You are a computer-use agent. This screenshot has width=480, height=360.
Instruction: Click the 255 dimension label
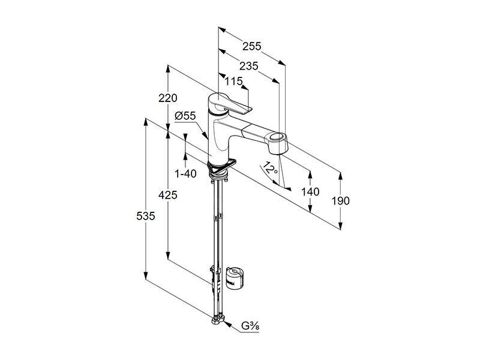click(x=251, y=46)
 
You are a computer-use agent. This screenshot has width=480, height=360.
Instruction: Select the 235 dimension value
click(x=248, y=66)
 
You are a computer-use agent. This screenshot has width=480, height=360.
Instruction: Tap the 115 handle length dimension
click(x=233, y=82)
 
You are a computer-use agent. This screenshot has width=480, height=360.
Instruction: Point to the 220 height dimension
click(x=168, y=98)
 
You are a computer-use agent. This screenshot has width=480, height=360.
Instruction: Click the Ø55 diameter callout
click(x=185, y=116)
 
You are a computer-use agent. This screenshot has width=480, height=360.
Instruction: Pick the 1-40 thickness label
click(x=185, y=174)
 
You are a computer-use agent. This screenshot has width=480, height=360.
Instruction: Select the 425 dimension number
click(x=168, y=195)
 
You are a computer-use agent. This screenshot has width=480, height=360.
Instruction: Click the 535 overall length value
click(x=146, y=216)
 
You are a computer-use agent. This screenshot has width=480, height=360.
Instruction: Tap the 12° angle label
click(x=271, y=168)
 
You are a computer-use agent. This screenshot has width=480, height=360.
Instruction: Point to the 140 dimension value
click(x=310, y=192)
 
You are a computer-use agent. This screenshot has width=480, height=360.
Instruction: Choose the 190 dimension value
click(x=340, y=201)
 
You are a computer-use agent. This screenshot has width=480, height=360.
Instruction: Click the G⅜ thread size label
click(x=250, y=326)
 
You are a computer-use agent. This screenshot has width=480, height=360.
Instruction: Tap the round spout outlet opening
click(x=278, y=137)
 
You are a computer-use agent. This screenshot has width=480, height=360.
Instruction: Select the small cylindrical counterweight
click(x=234, y=278)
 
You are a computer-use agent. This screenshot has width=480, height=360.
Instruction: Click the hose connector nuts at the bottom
click(x=218, y=320)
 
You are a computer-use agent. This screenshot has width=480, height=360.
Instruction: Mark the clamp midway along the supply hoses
click(x=217, y=217)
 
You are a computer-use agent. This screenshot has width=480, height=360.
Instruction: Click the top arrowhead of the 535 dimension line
click(x=146, y=122)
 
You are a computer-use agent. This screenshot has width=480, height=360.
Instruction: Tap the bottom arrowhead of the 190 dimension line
click(x=340, y=226)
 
